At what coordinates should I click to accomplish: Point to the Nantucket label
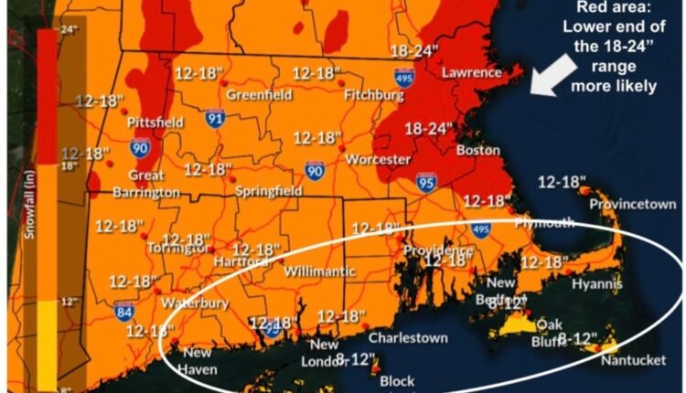634,360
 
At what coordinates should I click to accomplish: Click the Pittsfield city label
155,122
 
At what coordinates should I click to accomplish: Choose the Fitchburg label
374,94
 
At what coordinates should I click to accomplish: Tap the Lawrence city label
471,72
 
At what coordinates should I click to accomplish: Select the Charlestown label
409,338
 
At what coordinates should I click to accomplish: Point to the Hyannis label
596,285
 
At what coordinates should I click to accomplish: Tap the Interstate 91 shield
214,118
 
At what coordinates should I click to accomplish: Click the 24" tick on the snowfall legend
65,28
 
